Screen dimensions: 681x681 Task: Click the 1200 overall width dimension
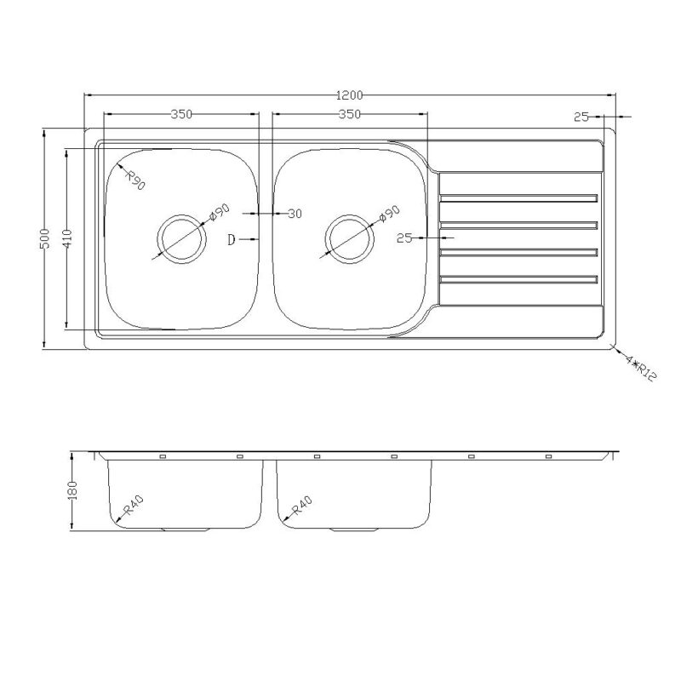[350, 94]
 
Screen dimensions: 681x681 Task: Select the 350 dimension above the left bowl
[180, 113]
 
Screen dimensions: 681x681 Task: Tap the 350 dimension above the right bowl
[349, 113]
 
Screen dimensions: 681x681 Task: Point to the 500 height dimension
[47, 238]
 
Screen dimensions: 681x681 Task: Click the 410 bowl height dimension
[68, 238]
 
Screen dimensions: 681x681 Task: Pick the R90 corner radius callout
[135, 180]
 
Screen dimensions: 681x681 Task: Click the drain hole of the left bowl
[180, 239]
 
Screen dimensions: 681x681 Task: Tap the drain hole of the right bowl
[349, 239]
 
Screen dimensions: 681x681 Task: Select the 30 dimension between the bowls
[294, 214]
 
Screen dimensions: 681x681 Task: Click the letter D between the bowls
[231, 240]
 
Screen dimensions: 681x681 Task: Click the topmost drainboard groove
[519, 199]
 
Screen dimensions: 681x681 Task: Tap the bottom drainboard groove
[519, 278]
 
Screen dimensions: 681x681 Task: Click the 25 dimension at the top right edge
[581, 116]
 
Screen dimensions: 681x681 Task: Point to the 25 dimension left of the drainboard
[404, 238]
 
